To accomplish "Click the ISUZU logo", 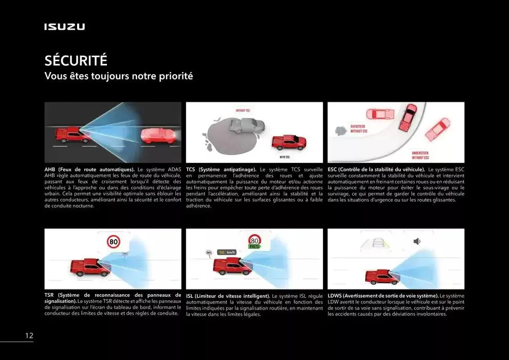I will [x=64, y=27].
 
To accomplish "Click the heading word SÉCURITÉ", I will [x=76, y=61].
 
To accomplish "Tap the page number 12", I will [x=29, y=336].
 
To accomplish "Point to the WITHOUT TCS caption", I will [x=243, y=111].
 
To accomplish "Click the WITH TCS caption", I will [x=285, y=156].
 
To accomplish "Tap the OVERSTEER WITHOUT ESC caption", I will [x=358, y=129].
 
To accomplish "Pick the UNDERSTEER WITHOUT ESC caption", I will [x=420, y=155].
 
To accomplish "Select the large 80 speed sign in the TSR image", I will [x=114, y=241].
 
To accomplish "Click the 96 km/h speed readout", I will [x=227, y=252].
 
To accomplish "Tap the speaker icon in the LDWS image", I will [x=417, y=241].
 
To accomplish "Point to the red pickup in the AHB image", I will [x=72, y=135].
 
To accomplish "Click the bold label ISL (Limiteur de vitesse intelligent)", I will [x=228, y=296].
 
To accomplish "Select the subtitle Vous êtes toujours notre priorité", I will [x=119, y=77].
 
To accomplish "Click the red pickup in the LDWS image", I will [x=381, y=277].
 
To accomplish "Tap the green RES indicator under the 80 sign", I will [x=254, y=247].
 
